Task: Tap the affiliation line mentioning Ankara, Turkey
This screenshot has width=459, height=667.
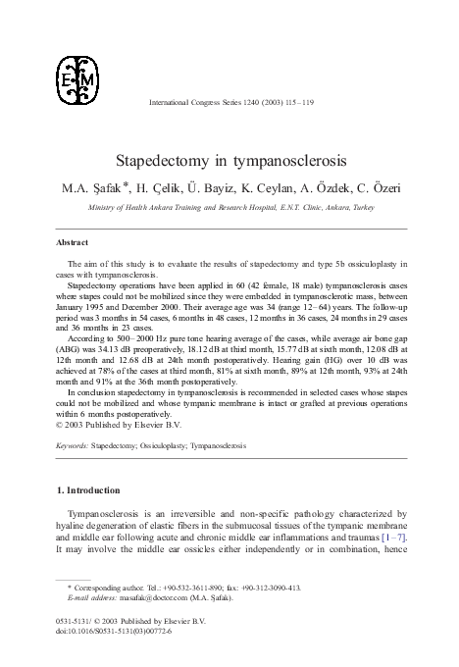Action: (x=229, y=207)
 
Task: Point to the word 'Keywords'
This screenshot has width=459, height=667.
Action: (x=72, y=445)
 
